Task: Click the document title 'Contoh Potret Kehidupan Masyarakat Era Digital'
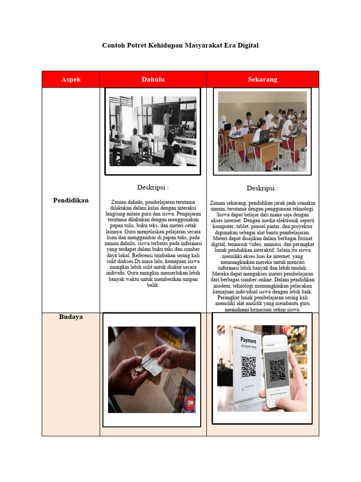(180, 46)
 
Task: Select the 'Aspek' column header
(71, 80)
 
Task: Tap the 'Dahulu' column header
(153, 80)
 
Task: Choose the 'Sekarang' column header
(263, 80)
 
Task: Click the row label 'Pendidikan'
(71, 201)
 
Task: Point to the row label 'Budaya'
(71, 317)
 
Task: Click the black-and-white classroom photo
(153, 131)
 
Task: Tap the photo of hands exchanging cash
(152, 370)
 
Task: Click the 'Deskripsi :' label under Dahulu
(153, 187)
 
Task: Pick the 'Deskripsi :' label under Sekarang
(262, 188)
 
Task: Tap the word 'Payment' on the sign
(248, 340)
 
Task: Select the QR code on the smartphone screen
(278, 370)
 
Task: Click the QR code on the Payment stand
(248, 367)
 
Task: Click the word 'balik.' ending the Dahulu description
(153, 285)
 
